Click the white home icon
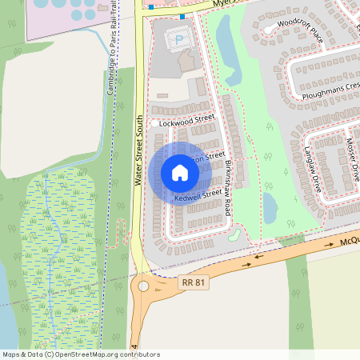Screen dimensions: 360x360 180,172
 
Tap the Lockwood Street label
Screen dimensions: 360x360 187,122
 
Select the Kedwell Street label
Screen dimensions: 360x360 198,194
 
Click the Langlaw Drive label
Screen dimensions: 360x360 312,166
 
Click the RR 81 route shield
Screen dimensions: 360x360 189,282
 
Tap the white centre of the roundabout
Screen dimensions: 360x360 143,286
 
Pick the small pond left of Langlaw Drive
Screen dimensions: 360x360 270,208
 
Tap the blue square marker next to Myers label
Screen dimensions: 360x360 182,16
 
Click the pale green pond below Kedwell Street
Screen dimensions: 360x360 234,235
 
